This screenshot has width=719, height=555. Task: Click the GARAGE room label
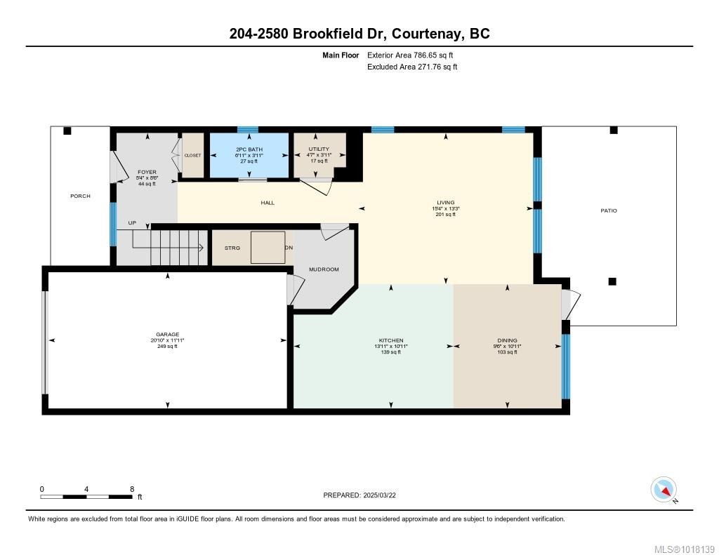pyautogui.click(x=167, y=334)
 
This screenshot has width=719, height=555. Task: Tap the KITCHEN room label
pyautogui.click(x=391, y=340)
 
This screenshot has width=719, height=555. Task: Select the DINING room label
pyautogui.click(x=507, y=340)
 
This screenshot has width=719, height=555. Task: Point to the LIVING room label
pyautogui.click(x=446, y=203)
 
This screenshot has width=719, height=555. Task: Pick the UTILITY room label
pyautogui.click(x=318, y=149)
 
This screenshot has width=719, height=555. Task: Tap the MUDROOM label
pyautogui.click(x=324, y=269)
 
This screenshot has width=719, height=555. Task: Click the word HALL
pyautogui.click(x=268, y=203)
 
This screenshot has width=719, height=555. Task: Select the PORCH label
pyautogui.click(x=80, y=196)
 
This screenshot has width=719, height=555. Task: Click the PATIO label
pyautogui.click(x=609, y=210)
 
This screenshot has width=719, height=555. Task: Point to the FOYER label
pyautogui.click(x=147, y=172)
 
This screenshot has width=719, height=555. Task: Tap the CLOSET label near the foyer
pyautogui.click(x=192, y=155)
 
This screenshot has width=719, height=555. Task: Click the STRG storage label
pyautogui.click(x=232, y=248)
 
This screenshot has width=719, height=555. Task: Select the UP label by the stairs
pyautogui.click(x=132, y=223)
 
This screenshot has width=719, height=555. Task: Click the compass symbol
pyautogui.click(x=664, y=489)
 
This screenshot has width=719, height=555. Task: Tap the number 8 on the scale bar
pyautogui.click(x=132, y=489)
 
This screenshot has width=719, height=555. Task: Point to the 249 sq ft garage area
pyautogui.click(x=167, y=346)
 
